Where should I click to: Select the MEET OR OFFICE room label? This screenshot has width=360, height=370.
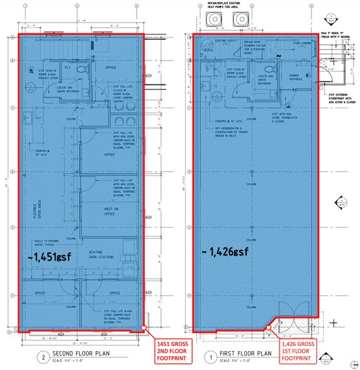(111, 211)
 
